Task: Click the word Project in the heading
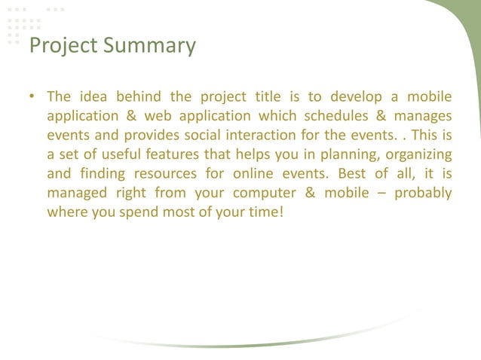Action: coord(63,46)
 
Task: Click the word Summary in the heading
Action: coord(149,46)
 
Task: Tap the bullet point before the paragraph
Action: coord(32,97)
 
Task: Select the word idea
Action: coord(93,96)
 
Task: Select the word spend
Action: coord(142,212)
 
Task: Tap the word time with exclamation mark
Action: coord(268,212)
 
